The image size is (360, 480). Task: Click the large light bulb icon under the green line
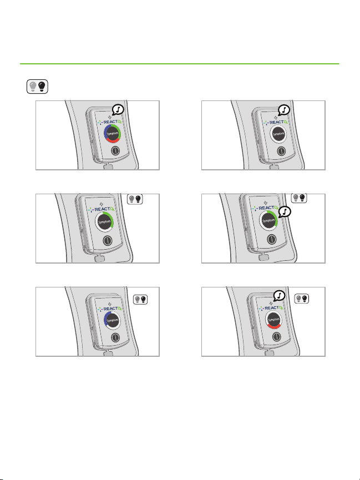(37, 87)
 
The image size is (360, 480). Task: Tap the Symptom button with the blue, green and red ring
(113, 134)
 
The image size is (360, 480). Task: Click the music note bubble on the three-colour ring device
(118, 110)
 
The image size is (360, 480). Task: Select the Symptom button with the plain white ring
(278, 134)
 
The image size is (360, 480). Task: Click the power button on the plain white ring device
(281, 151)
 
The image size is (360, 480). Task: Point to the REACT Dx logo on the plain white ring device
(276, 123)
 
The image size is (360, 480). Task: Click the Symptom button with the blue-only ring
(113, 321)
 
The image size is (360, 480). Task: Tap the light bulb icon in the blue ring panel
(140, 299)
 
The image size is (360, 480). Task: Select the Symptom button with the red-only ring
(273, 320)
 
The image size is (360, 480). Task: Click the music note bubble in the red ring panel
(279, 296)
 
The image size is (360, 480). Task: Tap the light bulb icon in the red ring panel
(302, 299)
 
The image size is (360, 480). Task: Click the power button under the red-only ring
(276, 336)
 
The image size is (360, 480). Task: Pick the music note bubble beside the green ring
(285, 211)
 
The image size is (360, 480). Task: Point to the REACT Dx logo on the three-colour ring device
(110, 122)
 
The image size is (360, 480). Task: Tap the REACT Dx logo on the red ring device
(271, 307)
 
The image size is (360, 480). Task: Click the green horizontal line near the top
(180, 64)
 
